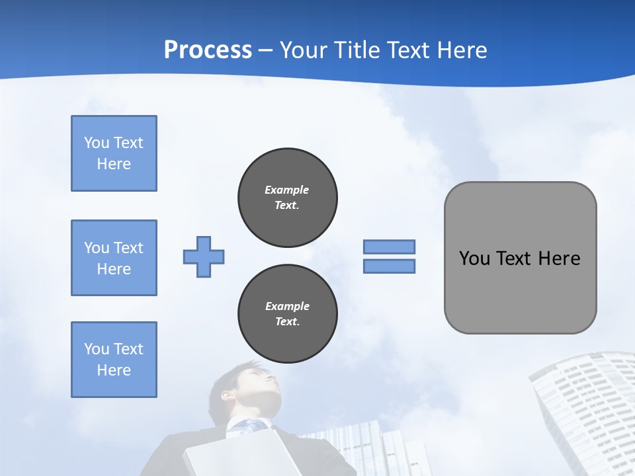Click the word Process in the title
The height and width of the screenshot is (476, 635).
tap(208, 50)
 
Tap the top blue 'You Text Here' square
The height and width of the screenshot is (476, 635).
tap(114, 153)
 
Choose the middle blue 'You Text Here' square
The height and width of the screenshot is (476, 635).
tap(114, 258)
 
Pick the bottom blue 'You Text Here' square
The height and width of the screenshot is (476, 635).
tap(114, 360)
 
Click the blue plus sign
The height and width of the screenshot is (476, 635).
tap(204, 257)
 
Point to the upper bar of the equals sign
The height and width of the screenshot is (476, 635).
tap(389, 247)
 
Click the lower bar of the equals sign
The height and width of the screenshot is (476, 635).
tap(389, 266)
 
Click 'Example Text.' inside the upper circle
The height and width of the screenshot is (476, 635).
tap(287, 197)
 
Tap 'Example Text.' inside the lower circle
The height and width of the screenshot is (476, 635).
tap(287, 314)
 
